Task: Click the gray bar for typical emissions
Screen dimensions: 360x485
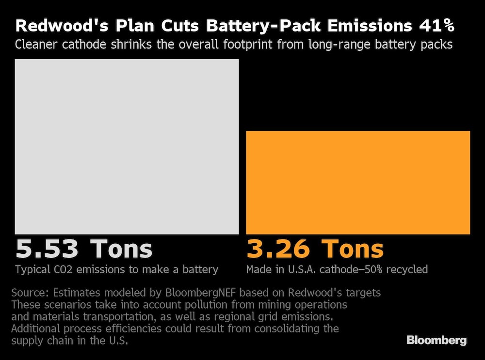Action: point(127,146)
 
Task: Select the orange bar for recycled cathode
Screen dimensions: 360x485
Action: point(358,182)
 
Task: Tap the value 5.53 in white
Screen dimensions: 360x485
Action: point(47,249)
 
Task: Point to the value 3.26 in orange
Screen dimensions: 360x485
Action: point(278,249)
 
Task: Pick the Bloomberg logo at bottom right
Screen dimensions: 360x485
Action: point(436,340)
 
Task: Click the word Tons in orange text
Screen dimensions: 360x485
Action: point(354,249)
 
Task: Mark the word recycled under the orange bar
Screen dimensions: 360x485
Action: point(408,269)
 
